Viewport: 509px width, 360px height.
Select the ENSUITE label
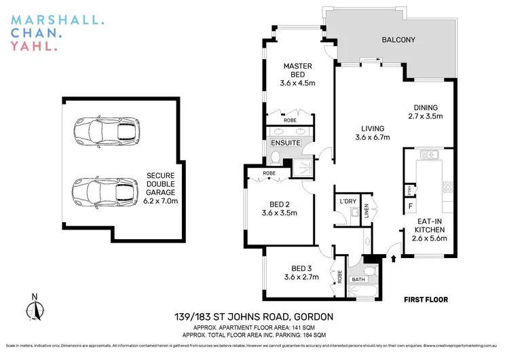pos(285,143)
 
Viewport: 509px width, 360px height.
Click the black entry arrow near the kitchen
pos(393,257)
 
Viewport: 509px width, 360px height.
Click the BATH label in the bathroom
pos(358,278)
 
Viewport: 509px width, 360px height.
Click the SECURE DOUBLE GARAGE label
pos(161,187)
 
